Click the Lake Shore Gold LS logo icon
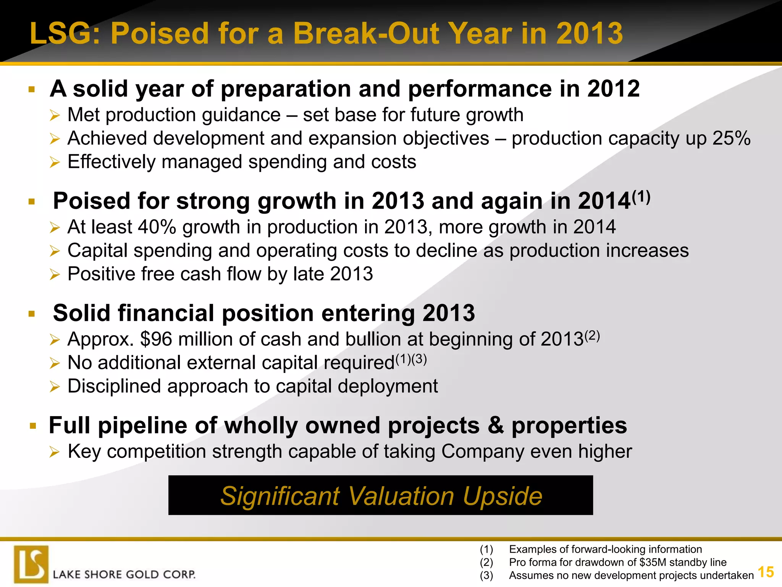31,564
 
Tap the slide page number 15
765,572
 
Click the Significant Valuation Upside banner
381,495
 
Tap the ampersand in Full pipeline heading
495,425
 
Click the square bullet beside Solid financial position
32,314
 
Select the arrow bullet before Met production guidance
55,115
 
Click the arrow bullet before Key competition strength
55,452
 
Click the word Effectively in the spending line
111,162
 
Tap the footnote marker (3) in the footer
486,575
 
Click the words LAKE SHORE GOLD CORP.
124,574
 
